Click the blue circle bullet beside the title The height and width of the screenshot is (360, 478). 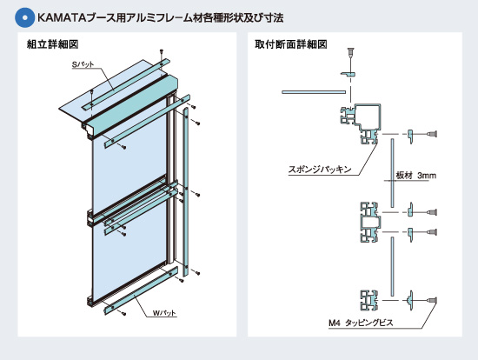pos(24,17)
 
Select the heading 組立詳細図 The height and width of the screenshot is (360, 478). pos(53,44)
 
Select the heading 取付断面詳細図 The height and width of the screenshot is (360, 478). pos(291,44)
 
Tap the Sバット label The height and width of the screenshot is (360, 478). pos(83,64)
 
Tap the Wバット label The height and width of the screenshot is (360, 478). pos(164,313)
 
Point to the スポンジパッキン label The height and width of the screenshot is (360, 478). pos(320,169)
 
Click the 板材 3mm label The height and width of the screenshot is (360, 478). pos(415,176)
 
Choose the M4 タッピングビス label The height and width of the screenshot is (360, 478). pos(361,323)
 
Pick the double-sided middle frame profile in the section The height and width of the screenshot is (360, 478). pos(370,222)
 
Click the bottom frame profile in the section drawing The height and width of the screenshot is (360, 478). pos(369,300)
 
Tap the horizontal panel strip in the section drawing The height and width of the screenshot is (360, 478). pos(314,92)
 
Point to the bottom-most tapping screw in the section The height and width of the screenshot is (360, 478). pos(432,301)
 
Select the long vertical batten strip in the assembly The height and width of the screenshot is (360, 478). pos(186,191)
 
